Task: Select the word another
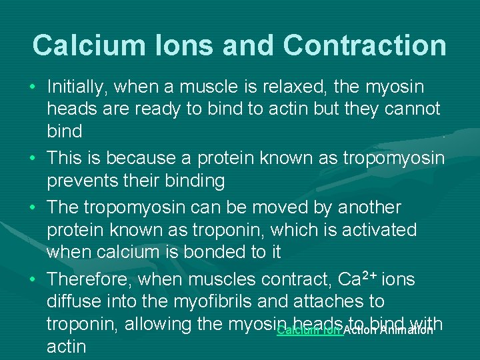369,207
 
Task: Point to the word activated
379,230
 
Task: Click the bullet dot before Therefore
33,279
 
